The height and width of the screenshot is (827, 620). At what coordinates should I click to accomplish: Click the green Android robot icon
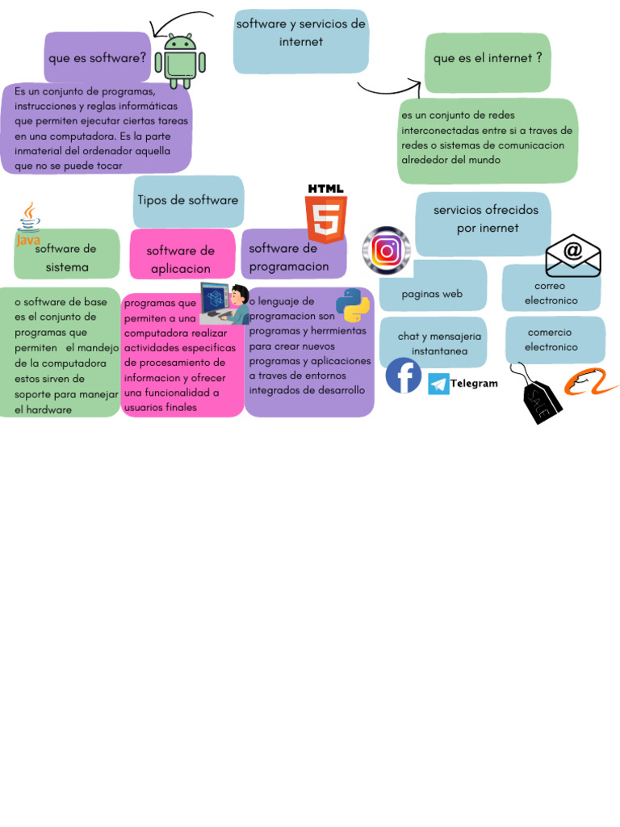(185, 61)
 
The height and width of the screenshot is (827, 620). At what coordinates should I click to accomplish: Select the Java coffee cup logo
(28, 225)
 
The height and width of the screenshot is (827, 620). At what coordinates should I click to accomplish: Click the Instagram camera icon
(387, 250)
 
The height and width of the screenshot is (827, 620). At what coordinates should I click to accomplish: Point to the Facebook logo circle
(404, 376)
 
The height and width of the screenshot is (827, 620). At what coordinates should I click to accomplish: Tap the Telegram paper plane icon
(438, 384)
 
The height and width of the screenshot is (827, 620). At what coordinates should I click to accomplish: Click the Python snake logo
(353, 305)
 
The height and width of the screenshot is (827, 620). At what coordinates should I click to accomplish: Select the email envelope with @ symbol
(573, 255)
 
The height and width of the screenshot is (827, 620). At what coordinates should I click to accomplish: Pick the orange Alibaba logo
(590, 383)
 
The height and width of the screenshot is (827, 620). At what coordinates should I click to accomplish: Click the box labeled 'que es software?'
(97, 57)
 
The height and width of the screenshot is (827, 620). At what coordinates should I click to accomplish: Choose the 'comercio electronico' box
(555, 340)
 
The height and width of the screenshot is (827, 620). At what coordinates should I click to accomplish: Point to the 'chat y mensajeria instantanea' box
(434, 342)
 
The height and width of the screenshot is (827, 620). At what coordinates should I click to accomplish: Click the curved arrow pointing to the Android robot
(182, 19)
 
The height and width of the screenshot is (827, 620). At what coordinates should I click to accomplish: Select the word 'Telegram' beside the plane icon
(474, 384)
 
